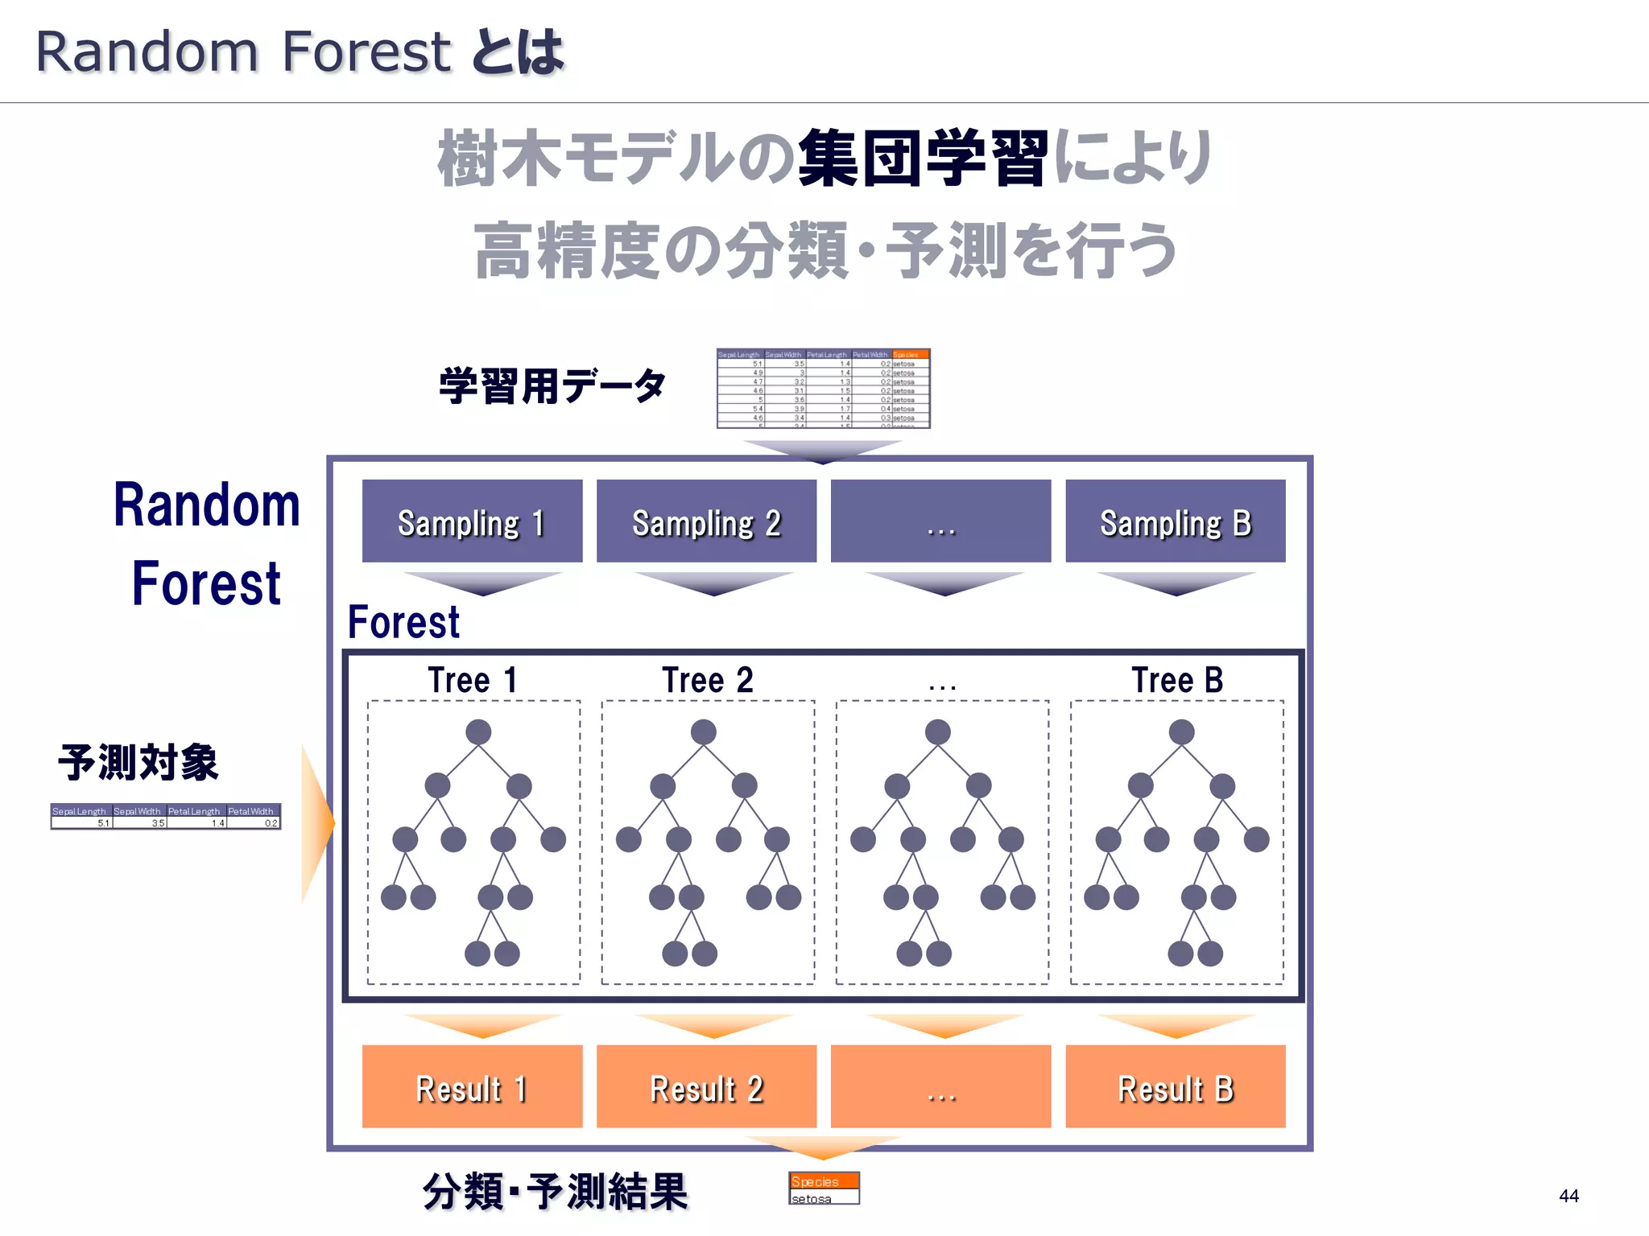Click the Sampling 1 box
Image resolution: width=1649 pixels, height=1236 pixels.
pos(472,521)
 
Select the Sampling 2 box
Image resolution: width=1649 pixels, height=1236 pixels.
pos(706,521)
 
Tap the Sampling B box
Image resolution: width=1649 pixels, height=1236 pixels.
pos(1175,521)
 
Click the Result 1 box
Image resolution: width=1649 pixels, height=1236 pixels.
pos(472,1087)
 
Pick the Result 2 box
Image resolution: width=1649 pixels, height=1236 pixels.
pos(706,1087)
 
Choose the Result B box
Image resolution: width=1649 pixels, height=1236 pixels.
pos(1175,1087)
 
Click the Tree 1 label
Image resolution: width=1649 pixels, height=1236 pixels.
pos(472,681)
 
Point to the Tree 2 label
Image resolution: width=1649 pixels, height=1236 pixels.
pos(707,681)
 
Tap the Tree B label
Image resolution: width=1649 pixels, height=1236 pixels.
pos(1176,681)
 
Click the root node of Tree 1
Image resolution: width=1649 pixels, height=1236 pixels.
pos(478,732)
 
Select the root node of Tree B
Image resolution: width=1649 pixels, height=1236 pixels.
pos(1181,732)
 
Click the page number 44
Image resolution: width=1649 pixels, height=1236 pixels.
pos(1568,1196)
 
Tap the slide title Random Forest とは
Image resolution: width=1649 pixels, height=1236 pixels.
pos(300,52)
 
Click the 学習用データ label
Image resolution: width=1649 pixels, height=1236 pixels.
pos(552,386)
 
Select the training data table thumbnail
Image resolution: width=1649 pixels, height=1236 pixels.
pos(823,389)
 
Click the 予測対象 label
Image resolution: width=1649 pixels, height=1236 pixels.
pos(138,762)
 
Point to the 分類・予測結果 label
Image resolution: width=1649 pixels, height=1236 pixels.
pos(556,1192)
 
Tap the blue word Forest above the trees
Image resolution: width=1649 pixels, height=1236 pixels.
pos(403,622)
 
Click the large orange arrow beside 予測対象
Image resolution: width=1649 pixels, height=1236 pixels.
pos(316,822)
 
